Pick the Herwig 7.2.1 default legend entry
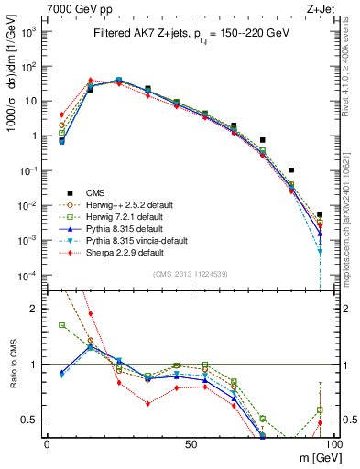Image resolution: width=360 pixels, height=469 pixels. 123,216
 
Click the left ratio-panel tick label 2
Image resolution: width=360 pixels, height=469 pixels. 36,309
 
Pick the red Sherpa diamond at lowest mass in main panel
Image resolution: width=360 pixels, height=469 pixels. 61,115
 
